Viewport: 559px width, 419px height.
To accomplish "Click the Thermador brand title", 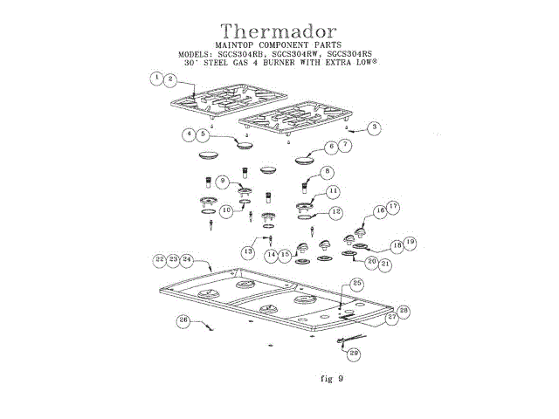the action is (279, 31).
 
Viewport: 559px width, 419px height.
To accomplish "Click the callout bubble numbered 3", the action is (373, 127).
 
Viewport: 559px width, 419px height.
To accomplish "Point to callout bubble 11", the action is (334, 191).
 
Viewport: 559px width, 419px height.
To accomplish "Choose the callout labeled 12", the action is (336, 212).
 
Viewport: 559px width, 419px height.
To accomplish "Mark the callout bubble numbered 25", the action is (356, 283).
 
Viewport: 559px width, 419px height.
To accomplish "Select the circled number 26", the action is (184, 320).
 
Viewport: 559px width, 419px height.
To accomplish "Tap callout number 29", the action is (354, 353).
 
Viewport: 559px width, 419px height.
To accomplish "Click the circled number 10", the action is (226, 209).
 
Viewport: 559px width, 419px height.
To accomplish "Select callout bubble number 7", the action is (346, 145).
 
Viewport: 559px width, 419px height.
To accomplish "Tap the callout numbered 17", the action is (392, 208).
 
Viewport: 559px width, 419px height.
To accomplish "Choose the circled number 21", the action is (385, 262).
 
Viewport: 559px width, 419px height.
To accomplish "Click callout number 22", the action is (160, 260).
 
